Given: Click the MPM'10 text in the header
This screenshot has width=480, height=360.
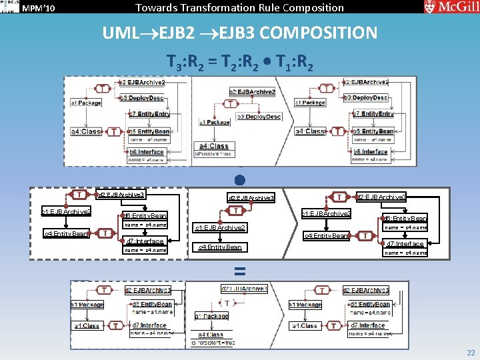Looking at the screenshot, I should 39,8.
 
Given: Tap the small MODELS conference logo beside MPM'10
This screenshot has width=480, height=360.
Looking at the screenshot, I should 9,7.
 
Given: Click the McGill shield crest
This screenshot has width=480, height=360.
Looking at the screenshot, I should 430,7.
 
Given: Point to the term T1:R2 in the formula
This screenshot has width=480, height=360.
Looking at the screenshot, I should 291,63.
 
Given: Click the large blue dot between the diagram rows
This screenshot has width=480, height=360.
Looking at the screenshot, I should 239,180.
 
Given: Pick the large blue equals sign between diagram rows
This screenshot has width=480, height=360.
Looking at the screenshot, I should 239,271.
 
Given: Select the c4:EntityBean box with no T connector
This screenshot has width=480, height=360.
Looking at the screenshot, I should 221,247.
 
